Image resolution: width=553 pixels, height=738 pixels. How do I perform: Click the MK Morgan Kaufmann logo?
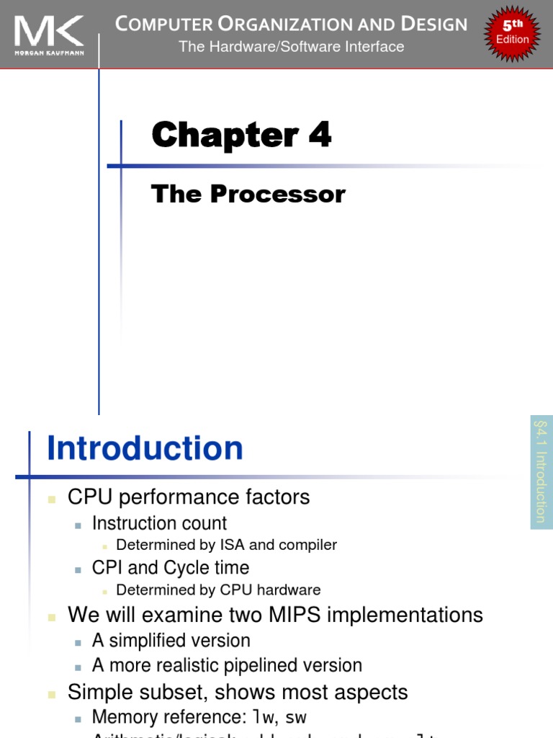(49, 35)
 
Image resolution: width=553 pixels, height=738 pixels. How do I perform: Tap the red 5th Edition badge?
(512, 33)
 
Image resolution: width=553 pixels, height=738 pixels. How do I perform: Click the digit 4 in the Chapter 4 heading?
(320, 135)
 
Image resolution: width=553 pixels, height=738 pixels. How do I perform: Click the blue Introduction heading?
(145, 448)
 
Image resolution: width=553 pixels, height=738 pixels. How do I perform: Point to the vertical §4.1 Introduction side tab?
(541, 472)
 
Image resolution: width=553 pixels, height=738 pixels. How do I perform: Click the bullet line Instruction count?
(159, 523)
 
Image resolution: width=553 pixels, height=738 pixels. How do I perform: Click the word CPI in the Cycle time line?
(107, 567)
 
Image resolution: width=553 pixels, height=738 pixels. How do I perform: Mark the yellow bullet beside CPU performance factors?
(52, 498)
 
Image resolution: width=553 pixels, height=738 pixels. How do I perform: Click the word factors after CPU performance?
(277, 497)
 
